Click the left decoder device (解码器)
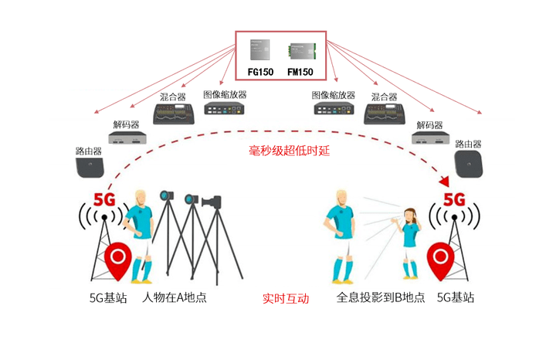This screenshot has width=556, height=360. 127,138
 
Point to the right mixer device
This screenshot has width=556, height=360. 384,114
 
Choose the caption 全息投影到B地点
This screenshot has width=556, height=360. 381,297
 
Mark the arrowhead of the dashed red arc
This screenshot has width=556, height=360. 446,182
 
